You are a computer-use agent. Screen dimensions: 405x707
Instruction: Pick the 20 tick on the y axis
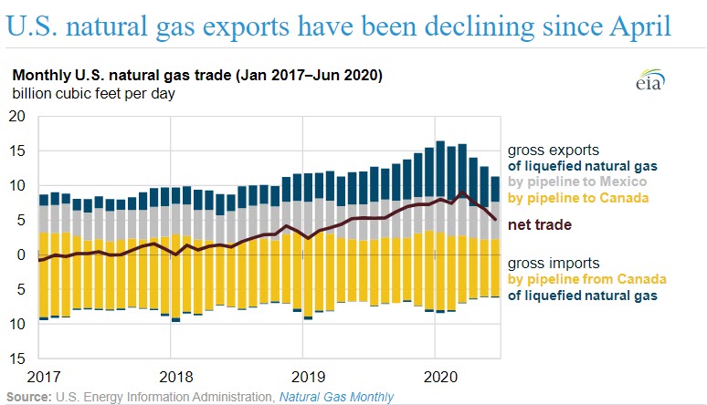(x=16, y=116)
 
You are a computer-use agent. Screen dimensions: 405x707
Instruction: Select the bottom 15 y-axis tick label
(x=16, y=358)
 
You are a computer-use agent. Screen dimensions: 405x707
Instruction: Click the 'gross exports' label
(x=553, y=148)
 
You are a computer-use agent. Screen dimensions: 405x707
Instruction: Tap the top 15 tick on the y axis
(x=16, y=151)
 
